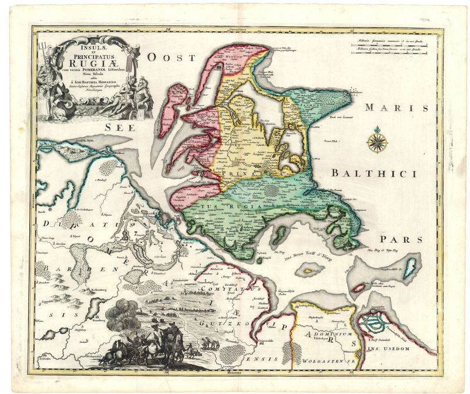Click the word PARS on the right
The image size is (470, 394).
pos(401,240)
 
